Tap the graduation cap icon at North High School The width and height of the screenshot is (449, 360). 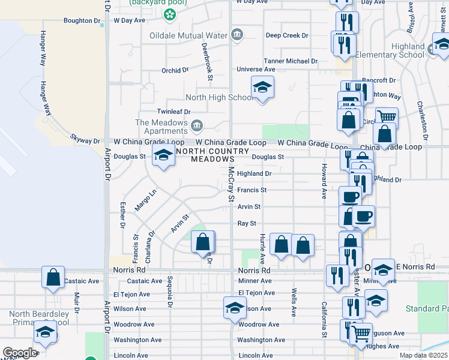click(262, 88)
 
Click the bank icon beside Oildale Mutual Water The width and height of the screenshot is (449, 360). click(237, 34)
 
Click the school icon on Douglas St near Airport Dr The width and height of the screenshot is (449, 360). click(163, 156)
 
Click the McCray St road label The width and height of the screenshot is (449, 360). click(231, 184)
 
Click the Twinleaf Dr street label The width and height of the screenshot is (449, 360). click(173, 112)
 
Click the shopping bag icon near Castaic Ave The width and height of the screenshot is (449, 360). click(53, 278)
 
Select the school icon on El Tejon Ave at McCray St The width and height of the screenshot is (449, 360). click(235, 308)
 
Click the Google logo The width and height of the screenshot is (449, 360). click(20, 353)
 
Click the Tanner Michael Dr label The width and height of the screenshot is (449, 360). click(291, 61)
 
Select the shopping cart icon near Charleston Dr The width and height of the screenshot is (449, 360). click(387, 118)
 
